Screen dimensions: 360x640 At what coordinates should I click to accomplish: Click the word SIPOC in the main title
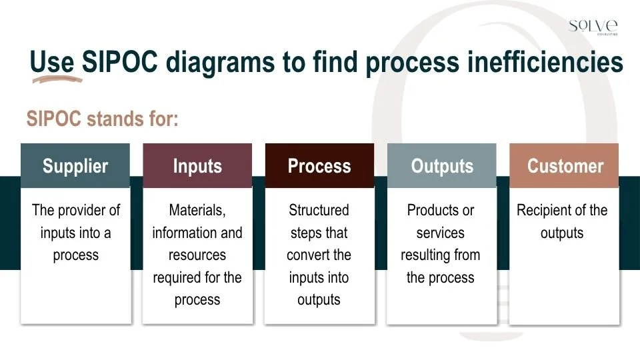120,62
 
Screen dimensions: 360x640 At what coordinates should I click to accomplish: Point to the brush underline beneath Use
57,79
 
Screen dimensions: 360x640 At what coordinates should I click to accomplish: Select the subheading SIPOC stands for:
103,119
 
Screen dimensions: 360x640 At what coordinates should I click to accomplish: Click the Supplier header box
75,166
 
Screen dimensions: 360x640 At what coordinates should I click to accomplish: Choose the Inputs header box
197,166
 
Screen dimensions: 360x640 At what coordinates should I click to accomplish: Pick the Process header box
319,166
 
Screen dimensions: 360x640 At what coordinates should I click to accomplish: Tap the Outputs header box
441,166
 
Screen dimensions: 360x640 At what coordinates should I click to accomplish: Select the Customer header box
564,166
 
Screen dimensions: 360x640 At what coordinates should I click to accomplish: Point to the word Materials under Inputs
197,211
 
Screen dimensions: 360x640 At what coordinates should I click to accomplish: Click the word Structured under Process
319,211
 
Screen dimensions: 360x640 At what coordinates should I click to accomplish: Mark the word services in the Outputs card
441,233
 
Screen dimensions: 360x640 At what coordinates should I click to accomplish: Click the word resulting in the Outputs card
425,255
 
